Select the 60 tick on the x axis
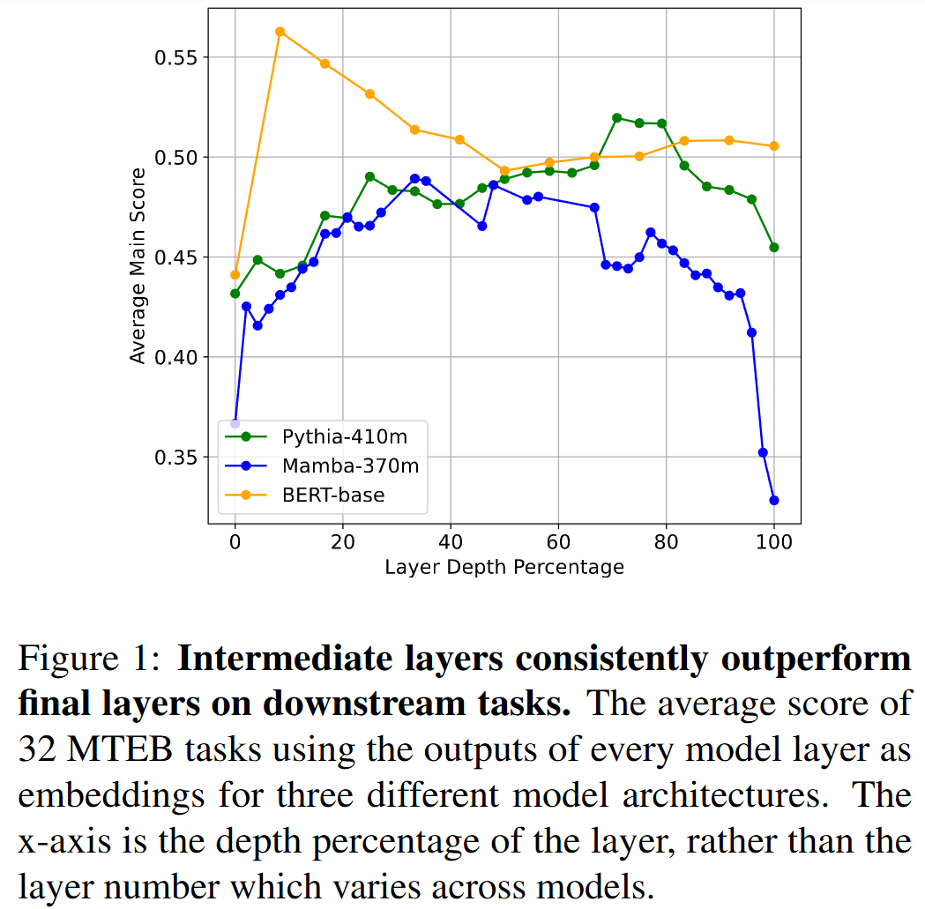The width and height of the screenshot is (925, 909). (558, 540)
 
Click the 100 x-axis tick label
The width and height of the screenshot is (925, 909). (774, 540)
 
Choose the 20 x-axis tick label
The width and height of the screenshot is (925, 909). (343, 540)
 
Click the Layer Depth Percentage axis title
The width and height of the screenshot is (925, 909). (504, 567)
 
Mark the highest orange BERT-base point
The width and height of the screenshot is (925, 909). (280, 32)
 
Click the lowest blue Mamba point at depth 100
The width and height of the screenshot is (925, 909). (774, 500)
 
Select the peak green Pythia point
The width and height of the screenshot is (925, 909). (616, 117)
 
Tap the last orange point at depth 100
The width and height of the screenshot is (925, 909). (774, 145)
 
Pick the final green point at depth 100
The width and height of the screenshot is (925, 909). (774, 247)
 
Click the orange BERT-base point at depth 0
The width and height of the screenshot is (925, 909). (235, 274)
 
